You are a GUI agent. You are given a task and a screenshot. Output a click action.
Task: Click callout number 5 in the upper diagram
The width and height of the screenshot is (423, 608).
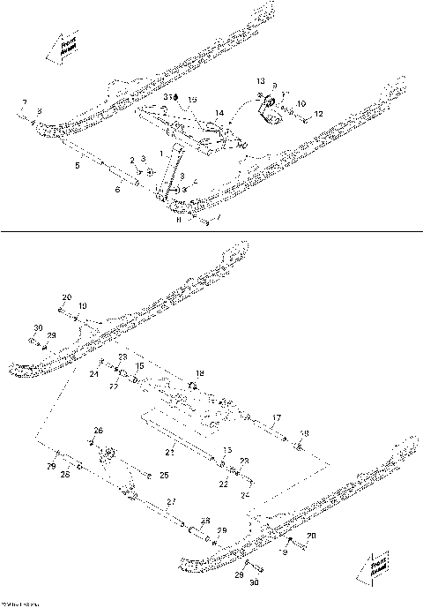click(x=77, y=164)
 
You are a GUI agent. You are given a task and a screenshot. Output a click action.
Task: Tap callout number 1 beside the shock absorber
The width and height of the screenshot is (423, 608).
click(x=160, y=154)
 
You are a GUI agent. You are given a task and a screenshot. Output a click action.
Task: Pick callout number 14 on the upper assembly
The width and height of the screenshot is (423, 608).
click(x=219, y=113)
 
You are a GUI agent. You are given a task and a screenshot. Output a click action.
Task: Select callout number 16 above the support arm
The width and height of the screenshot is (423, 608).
click(x=193, y=100)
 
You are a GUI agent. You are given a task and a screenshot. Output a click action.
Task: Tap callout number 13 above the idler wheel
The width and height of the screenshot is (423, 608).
click(x=260, y=80)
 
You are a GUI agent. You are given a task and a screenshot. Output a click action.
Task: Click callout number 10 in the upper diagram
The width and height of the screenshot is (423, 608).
click(x=301, y=103)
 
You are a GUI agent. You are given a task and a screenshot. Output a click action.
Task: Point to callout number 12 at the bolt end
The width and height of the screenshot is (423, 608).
click(x=319, y=113)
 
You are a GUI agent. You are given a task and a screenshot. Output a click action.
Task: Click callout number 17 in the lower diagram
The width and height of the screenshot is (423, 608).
click(x=276, y=417)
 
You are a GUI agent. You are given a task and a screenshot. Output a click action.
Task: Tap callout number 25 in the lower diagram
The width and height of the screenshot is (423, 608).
click(x=165, y=475)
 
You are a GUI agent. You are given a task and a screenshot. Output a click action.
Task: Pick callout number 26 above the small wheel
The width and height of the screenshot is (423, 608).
click(x=99, y=430)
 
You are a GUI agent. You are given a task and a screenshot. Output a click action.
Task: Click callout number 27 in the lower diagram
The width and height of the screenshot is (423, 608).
click(x=170, y=501)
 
